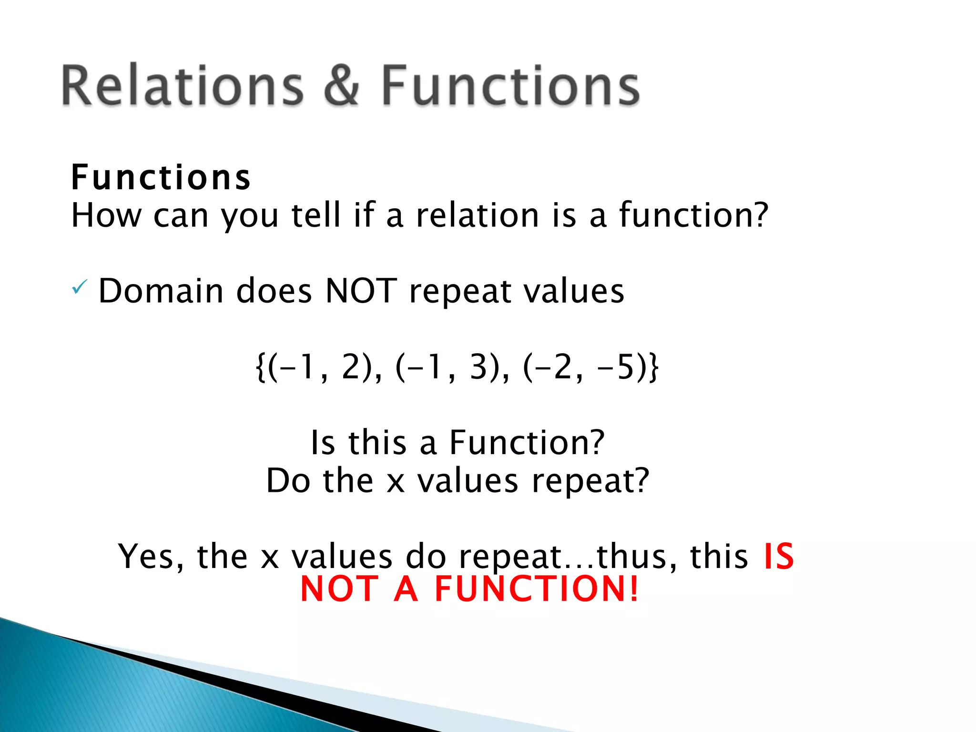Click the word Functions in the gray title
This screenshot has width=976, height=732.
tap(510, 86)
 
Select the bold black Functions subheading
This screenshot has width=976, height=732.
tap(161, 178)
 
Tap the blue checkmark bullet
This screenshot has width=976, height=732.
tap(79, 287)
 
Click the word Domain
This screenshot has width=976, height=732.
tap(161, 291)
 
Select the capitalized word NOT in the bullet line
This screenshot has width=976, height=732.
tap(361, 291)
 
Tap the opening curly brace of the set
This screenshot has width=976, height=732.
tap(260, 367)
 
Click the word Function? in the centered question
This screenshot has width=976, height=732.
tap(527, 443)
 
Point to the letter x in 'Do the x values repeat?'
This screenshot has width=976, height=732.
tap(396, 481)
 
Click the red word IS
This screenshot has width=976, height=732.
tap(779, 556)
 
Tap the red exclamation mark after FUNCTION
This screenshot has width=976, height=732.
tap(633, 590)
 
